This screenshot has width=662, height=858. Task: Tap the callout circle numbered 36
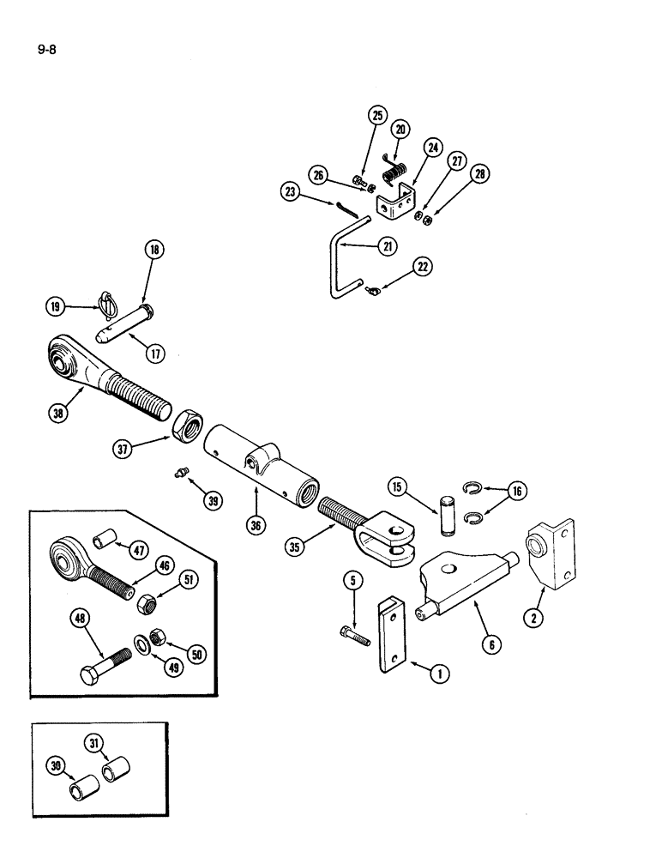(x=254, y=525)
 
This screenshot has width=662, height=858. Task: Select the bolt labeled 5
(x=352, y=635)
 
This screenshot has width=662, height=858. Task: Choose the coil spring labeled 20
(x=395, y=169)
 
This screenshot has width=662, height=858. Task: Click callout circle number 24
(x=433, y=148)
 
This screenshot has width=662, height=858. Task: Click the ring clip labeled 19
(x=105, y=302)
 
